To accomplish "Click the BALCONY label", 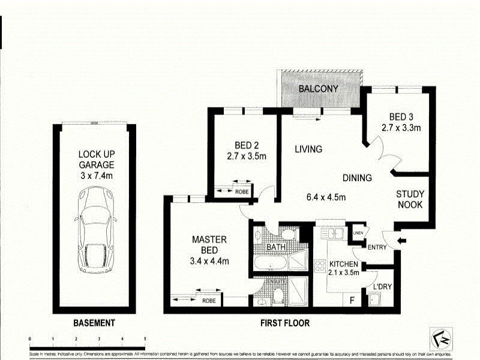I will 319,89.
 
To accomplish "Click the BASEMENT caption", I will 94,323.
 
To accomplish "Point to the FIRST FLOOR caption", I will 285,323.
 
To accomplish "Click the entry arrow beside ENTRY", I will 401,242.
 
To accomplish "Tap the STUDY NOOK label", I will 410,199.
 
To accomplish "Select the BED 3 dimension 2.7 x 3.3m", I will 400,127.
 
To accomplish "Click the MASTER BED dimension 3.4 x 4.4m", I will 209,261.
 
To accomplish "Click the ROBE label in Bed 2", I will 242,192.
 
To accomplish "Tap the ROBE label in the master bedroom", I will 208,301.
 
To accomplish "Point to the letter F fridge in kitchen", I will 352,299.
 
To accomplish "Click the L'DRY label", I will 382,287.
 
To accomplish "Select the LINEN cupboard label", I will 358,233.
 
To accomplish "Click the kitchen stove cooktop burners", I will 320,265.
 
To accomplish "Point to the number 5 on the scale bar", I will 145,339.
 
